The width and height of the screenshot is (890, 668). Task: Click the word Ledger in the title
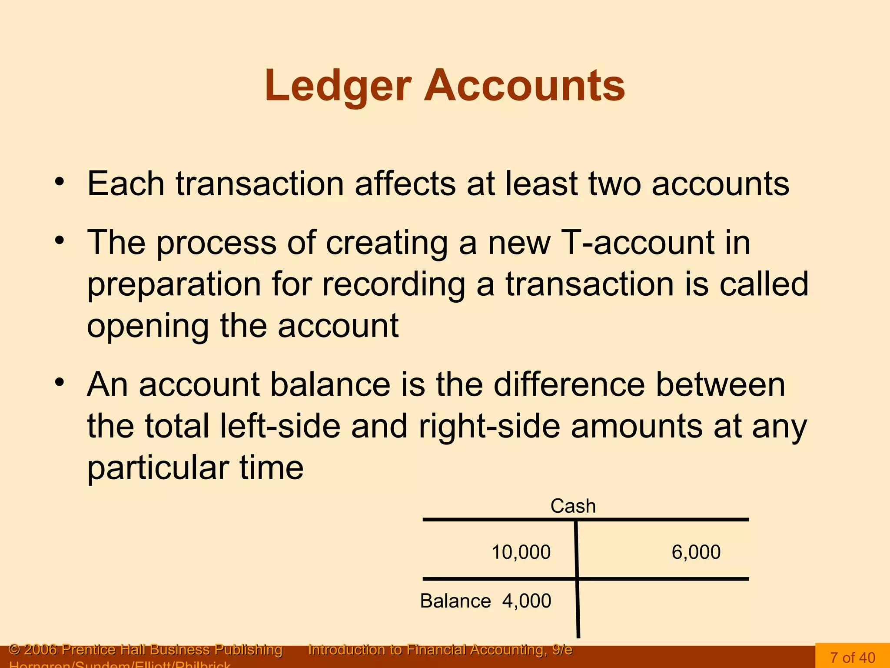coord(338,86)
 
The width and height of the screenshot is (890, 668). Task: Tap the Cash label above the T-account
coord(573,506)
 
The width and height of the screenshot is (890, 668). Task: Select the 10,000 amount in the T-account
coord(521,552)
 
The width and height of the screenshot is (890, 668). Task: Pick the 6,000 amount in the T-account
coord(696,552)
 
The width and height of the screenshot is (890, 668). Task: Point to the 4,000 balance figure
coord(527,601)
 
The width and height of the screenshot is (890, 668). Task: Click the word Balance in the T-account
coord(455,601)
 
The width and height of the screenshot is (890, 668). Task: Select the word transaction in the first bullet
coord(260,184)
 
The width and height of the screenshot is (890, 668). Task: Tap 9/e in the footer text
coord(562,650)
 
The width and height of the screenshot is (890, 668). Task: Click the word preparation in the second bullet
coord(174,284)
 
